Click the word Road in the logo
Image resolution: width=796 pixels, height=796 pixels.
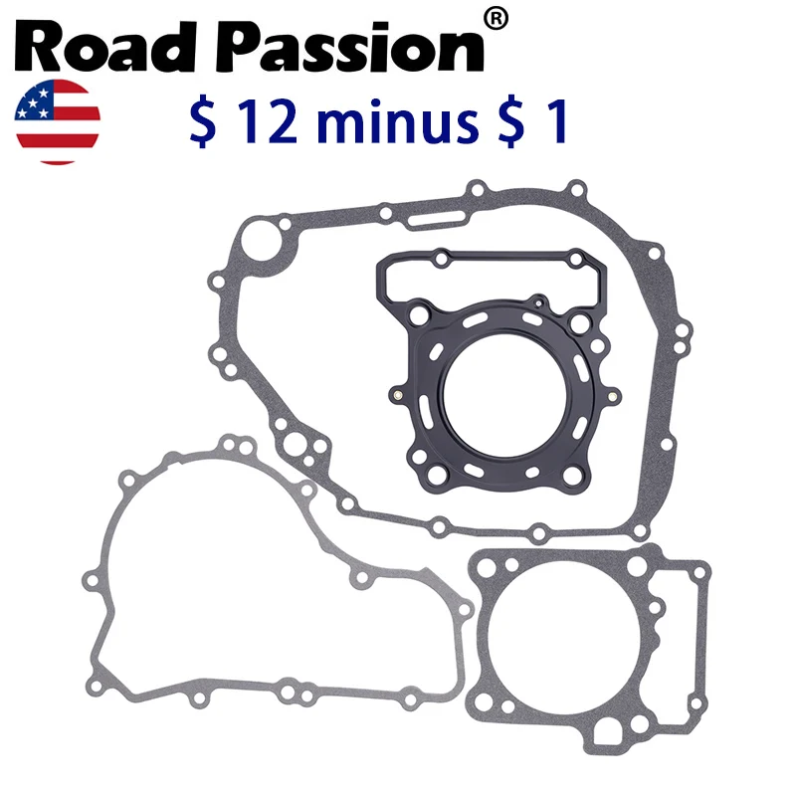pos(105,47)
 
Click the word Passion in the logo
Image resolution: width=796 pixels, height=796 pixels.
pos(350,47)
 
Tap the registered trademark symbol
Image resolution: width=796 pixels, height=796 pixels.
pos(496,20)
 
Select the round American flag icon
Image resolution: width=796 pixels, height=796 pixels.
pos(58,121)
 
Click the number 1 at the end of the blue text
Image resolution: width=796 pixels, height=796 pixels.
pos(555,121)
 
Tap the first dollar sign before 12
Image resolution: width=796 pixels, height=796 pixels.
pos(203,121)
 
